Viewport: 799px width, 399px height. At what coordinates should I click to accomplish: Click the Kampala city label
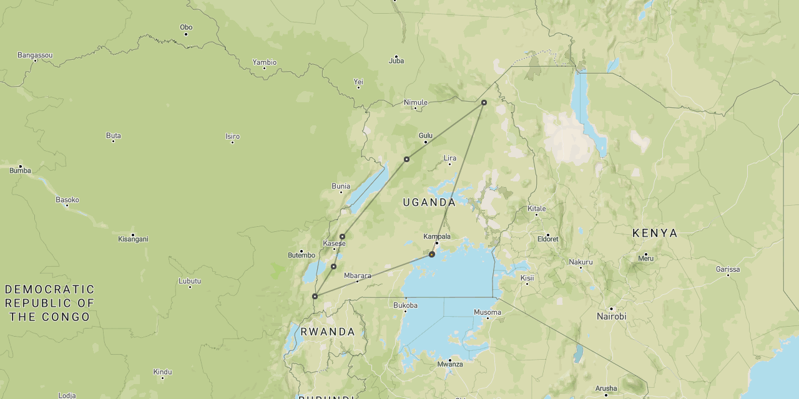[x=437, y=237]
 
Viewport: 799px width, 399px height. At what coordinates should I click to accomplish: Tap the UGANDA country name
[x=429, y=203]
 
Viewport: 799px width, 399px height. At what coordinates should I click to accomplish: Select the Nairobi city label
[x=611, y=317]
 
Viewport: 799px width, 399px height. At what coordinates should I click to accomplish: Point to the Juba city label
[x=396, y=61]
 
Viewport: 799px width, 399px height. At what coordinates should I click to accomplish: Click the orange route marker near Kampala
[x=431, y=254]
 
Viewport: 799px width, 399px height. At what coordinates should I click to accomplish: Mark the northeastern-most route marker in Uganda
[x=484, y=102]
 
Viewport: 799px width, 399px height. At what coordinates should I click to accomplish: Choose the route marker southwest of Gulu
[x=406, y=159]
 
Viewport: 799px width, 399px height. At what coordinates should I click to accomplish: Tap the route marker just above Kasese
[x=342, y=236]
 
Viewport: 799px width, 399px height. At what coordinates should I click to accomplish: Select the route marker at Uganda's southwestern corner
[x=315, y=296]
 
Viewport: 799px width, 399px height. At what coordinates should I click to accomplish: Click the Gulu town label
[x=426, y=135]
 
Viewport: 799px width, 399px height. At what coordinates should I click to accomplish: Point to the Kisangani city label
[x=133, y=239]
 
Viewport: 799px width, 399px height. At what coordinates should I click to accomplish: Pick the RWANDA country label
[x=328, y=332]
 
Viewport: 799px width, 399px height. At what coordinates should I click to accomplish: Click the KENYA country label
[x=655, y=233]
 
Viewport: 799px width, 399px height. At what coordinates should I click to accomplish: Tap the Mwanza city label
[x=450, y=364]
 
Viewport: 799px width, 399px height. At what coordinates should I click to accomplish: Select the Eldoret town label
[x=548, y=239]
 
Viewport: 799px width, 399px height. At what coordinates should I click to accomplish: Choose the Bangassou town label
[x=35, y=55]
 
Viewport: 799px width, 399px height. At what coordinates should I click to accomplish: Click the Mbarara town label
[x=358, y=276]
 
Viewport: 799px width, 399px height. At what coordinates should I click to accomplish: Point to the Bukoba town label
[x=405, y=305]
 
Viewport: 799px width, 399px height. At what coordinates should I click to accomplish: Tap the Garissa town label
[x=728, y=269]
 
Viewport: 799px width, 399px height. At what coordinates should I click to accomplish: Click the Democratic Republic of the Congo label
[x=50, y=303]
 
